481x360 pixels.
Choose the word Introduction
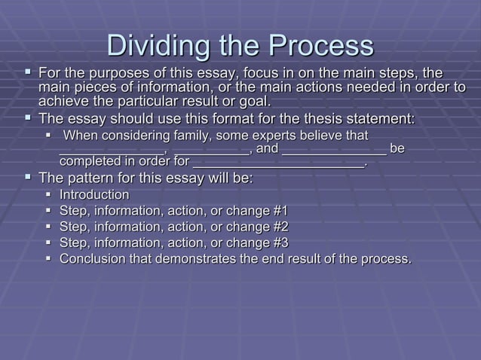coord(94,195)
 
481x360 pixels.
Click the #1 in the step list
coord(277,211)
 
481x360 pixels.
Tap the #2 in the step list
coord(277,227)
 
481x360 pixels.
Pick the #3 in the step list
coord(277,243)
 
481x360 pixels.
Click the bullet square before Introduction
coord(47,195)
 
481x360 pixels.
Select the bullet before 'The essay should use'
coord(28,118)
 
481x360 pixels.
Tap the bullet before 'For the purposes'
coord(28,73)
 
